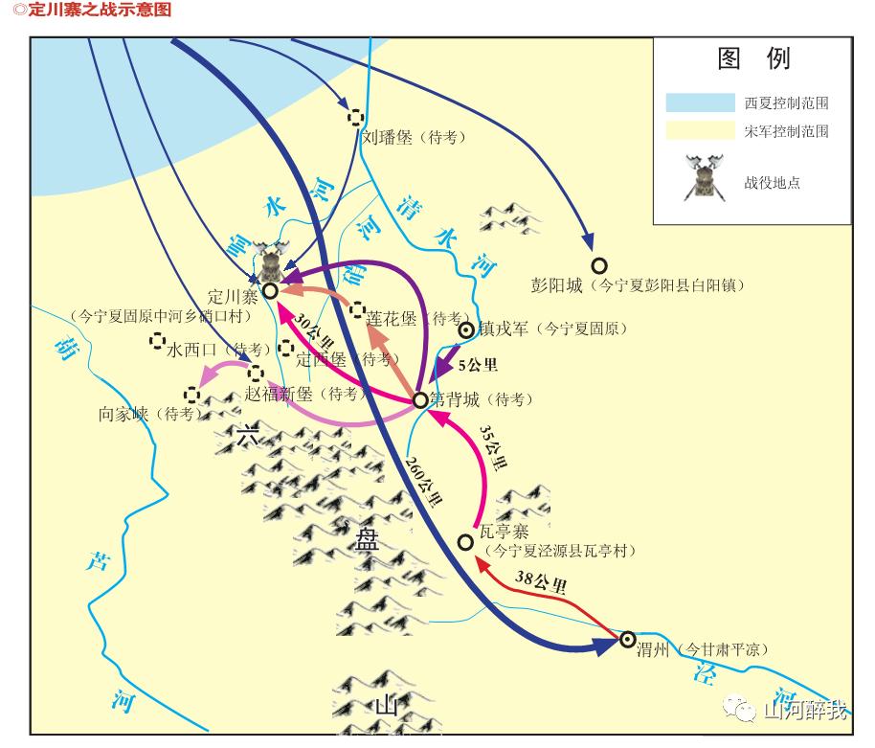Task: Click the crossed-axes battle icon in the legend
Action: click(704, 178)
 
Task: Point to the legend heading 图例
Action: click(753, 59)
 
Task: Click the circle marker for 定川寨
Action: click(270, 289)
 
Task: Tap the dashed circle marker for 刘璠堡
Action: click(355, 117)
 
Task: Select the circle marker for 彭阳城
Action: click(599, 265)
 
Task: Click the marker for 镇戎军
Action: click(466, 330)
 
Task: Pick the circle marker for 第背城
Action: click(419, 399)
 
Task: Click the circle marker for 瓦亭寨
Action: click(465, 542)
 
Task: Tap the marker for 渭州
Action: click(628, 639)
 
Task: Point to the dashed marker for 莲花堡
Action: click(357, 309)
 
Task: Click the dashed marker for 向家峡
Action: click(192, 393)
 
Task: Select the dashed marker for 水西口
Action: click(157, 341)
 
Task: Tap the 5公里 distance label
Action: click(478, 365)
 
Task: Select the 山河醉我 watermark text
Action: click(803, 710)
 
